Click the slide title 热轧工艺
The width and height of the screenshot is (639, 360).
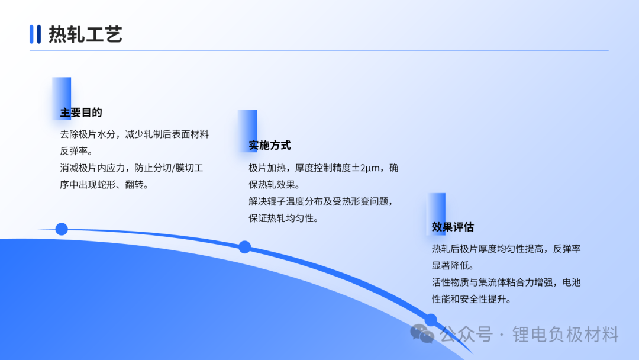click(x=85, y=34)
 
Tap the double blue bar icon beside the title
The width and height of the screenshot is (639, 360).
click(x=35, y=34)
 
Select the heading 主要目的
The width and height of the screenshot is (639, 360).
click(x=81, y=112)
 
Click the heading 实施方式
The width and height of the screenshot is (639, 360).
click(x=270, y=145)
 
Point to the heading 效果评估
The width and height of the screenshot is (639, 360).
click(x=453, y=227)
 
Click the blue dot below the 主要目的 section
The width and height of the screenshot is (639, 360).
click(x=62, y=229)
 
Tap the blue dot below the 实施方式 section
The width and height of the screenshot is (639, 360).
click(x=244, y=247)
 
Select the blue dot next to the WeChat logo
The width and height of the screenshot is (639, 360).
click(x=431, y=320)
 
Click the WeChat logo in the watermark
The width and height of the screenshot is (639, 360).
click(x=422, y=334)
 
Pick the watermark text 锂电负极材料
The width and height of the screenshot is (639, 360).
click(x=565, y=335)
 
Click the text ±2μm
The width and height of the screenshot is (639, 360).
click(x=366, y=168)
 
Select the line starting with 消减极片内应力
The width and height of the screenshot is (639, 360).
click(x=131, y=168)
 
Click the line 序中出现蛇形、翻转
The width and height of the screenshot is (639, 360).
click(x=105, y=185)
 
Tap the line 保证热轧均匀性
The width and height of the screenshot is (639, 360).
click(x=284, y=218)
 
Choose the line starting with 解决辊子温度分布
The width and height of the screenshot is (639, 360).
click(x=321, y=201)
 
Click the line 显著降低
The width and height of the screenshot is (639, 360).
click(x=453, y=266)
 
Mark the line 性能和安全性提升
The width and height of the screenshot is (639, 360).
click(x=472, y=299)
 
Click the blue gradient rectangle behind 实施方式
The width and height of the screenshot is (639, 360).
click(x=247, y=131)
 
